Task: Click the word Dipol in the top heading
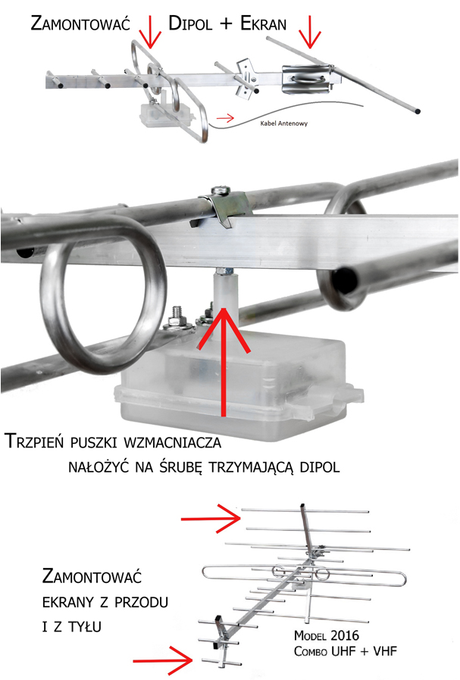point(190,23)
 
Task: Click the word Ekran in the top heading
point(263,23)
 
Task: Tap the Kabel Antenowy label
point(284,123)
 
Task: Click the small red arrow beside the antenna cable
point(225,118)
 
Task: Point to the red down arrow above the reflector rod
point(309,32)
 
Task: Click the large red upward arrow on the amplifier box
point(224,360)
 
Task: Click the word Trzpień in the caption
point(34,441)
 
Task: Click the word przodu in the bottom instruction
point(141,603)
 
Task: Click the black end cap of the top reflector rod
point(418,111)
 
